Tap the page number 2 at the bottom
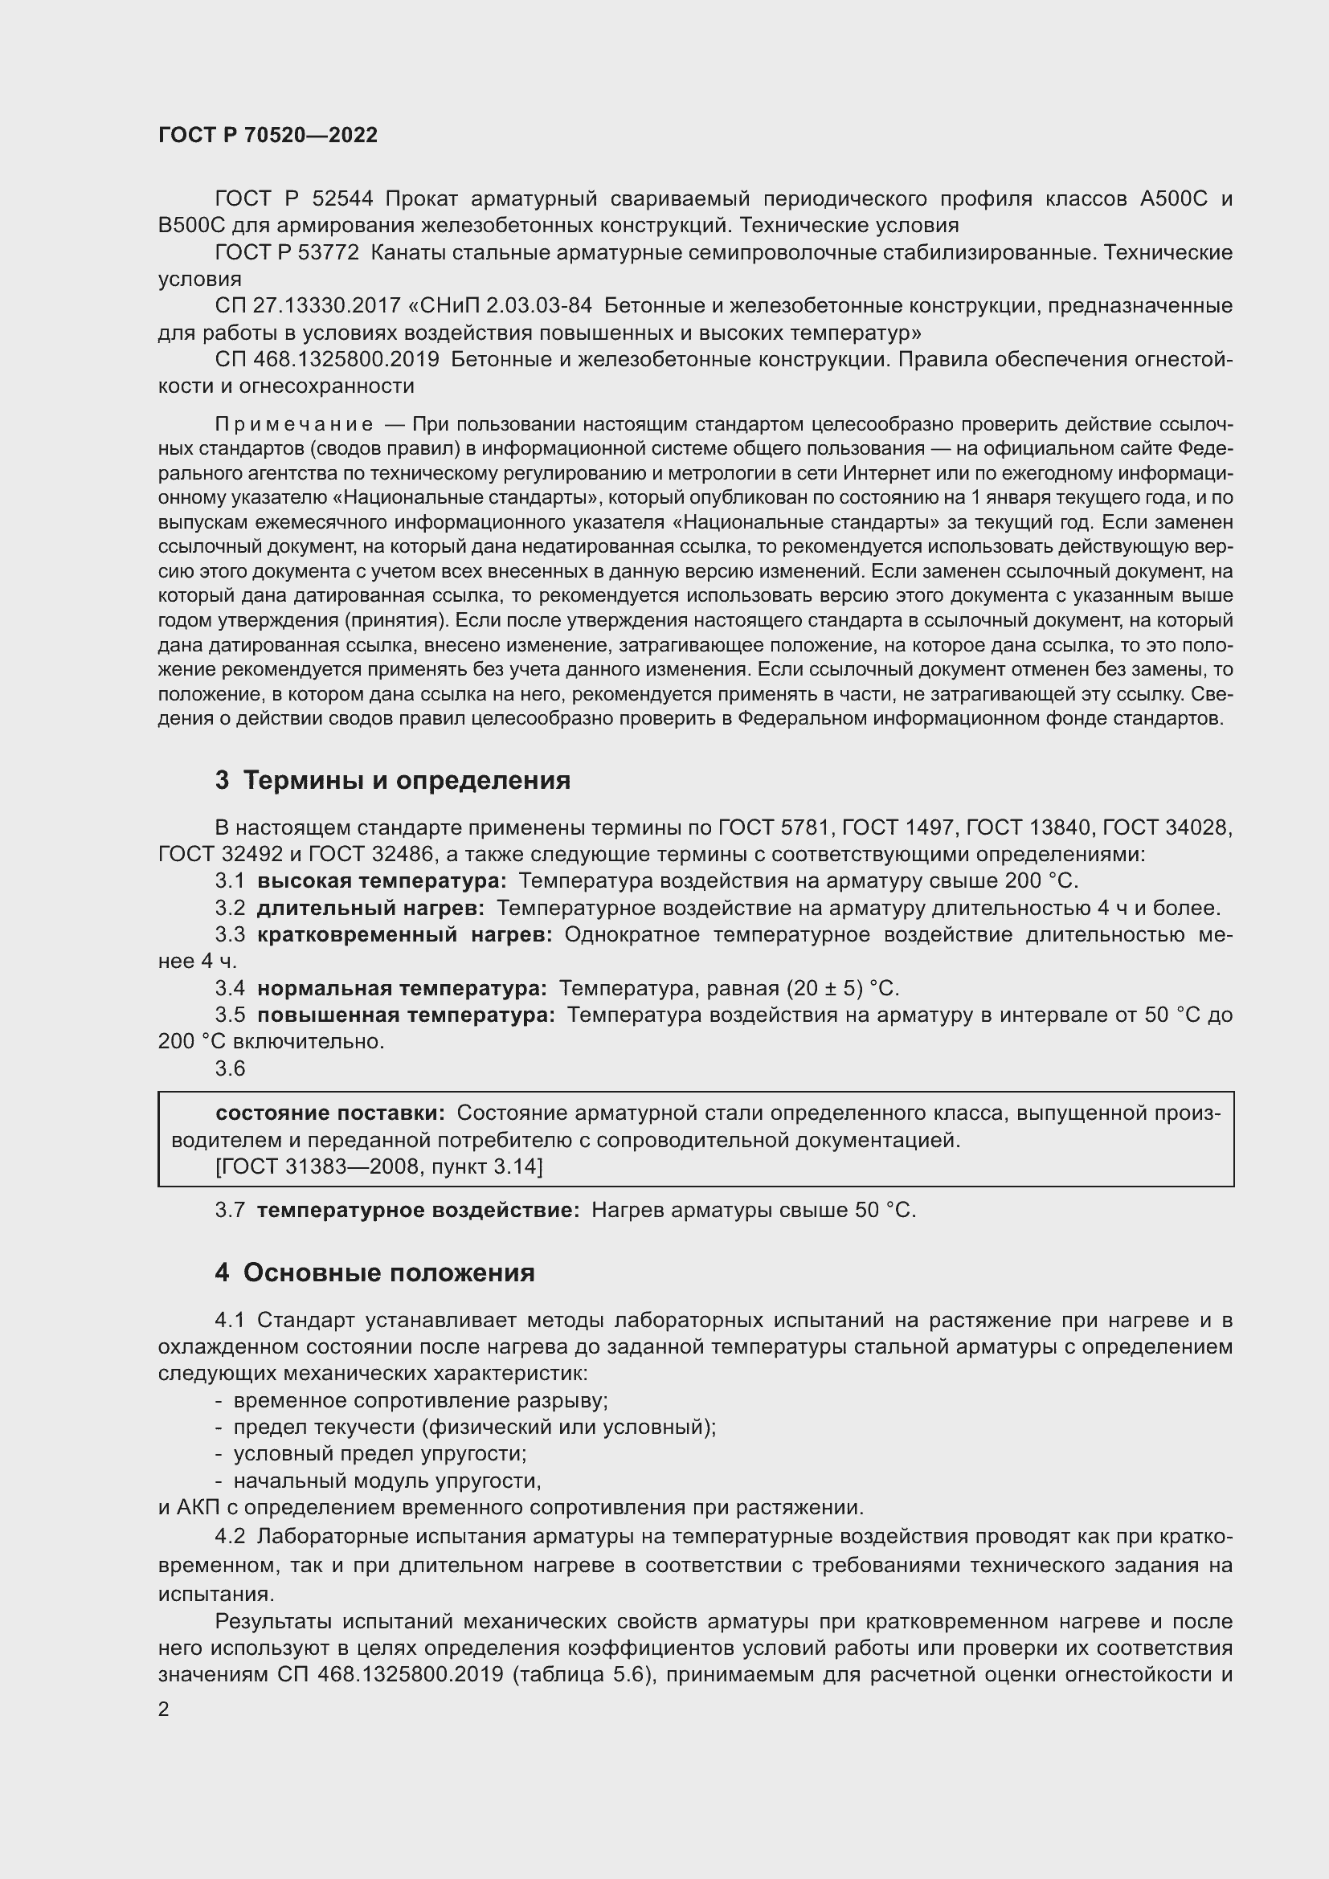164,1709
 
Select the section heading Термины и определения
393,781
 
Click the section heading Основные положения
374,1272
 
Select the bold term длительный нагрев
370,909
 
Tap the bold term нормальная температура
402,989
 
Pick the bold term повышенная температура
406,1015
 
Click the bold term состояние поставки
329,1113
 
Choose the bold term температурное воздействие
418,1211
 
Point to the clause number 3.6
230,1068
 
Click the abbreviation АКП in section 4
195,1507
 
